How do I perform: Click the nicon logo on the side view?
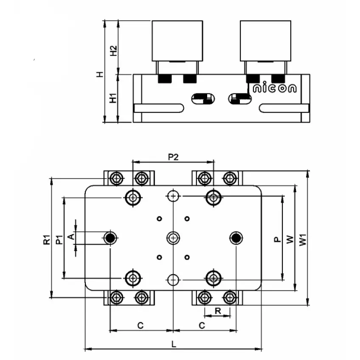(275, 89)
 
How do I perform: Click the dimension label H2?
(113, 51)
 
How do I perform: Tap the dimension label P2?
(173, 157)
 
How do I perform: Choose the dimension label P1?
(59, 240)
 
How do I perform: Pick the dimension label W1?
(302, 240)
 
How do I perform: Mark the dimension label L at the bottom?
(173, 344)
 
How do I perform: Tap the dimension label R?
(217, 311)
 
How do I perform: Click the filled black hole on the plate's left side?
(111, 238)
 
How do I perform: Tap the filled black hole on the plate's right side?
(236, 238)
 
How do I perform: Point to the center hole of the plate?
(173, 238)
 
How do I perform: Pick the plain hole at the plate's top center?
(173, 196)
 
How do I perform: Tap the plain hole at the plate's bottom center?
(173, 279)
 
